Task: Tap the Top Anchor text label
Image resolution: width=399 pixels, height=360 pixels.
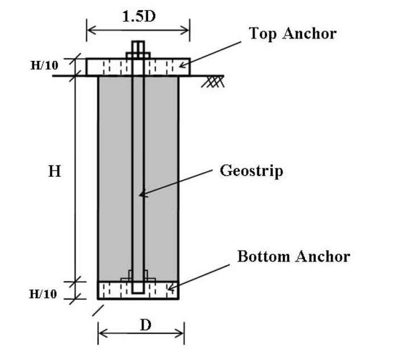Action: (x=293, y=34)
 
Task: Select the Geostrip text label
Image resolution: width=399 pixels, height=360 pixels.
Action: (x=251, y=171)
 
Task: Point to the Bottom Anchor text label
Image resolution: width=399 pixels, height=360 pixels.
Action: (x=293, y=256)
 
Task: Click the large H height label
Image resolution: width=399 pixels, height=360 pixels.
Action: (x=54, y=171)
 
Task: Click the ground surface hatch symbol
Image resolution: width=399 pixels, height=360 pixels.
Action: (x=214, y=81)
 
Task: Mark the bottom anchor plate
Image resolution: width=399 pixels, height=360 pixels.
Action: (x=114, y=291)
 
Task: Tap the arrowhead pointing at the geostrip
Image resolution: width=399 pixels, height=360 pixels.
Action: (x=143, y=195)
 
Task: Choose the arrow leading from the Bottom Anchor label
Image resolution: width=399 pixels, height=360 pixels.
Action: (x=205, y=275)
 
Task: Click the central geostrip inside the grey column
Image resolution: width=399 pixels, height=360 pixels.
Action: (x=138, y=142)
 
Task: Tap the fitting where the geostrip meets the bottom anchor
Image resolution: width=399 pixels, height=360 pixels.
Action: (x=138, y=276)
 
